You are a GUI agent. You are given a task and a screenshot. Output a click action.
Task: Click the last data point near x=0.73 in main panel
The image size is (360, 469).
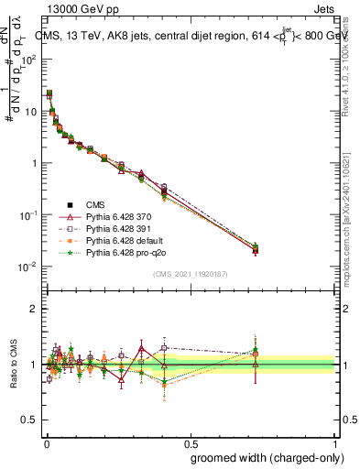tap(256, 249)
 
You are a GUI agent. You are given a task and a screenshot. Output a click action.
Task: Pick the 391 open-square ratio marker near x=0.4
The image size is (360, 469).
tap(164, 348)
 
